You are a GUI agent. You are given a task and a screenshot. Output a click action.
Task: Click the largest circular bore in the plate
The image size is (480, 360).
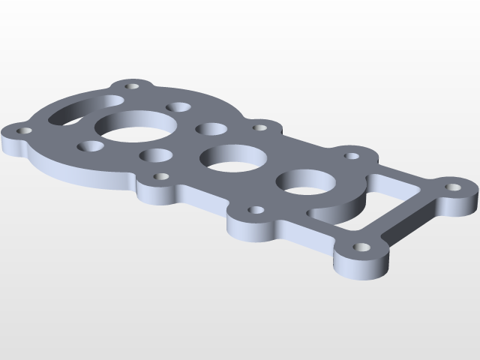point(136,126)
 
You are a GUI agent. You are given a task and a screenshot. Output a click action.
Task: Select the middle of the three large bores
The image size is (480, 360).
point(232,157)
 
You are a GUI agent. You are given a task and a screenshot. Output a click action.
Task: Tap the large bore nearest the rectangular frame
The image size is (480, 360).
point(307,184)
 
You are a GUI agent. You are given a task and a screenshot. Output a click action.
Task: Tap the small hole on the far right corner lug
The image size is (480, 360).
point(453,187)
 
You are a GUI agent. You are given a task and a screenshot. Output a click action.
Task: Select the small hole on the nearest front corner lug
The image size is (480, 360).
point(361,246)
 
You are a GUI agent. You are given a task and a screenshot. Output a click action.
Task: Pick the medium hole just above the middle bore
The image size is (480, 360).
point(211,129)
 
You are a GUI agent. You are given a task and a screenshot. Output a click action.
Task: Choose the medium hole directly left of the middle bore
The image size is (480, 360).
point(156,156)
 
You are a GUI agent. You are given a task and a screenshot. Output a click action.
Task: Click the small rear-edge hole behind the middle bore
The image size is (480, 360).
point(259,127)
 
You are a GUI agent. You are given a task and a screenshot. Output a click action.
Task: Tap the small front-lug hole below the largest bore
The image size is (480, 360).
point(160,177)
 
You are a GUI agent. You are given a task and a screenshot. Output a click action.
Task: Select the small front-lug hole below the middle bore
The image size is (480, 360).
point(255,210)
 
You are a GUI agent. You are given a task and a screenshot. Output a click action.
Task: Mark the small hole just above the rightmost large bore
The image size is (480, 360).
point(351,157)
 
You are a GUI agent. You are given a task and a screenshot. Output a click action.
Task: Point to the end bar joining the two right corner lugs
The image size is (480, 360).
point(409,217)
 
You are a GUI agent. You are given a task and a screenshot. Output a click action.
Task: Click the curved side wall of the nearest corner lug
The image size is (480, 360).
point(360,265)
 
